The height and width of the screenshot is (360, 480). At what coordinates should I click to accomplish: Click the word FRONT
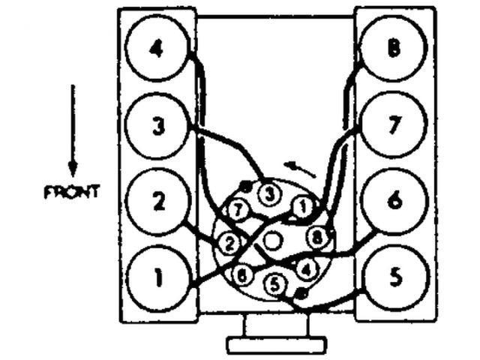(72, 192)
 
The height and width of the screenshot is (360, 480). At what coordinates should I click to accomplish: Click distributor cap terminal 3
(268, 193)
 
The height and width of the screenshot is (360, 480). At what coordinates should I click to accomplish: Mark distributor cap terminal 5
(275, 284)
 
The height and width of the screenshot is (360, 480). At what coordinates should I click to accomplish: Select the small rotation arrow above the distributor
(300, 169)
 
